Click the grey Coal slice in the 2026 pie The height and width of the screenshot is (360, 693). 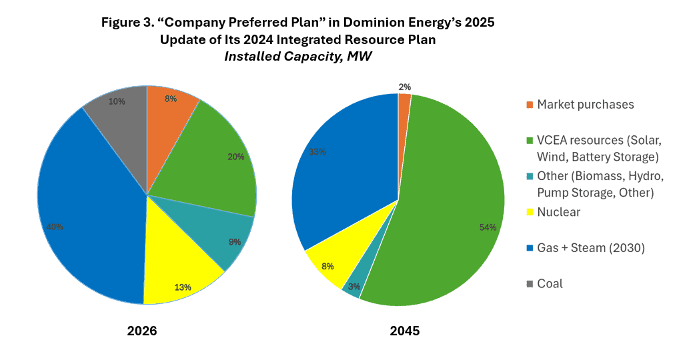(120, 117)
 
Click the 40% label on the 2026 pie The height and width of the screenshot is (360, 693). (55, 227)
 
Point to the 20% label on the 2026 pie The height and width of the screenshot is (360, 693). (236, 157)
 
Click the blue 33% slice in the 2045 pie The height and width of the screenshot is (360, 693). (347, 173)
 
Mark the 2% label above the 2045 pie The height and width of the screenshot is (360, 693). (405, 87)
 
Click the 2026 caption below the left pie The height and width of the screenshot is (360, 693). (142, 331)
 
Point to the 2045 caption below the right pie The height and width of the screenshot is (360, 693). (405, 331)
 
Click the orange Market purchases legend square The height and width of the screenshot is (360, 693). (530, 105)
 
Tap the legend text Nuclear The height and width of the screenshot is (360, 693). (558, 212)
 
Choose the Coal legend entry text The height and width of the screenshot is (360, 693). (550, 283)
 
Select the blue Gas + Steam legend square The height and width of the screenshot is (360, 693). (530, 248)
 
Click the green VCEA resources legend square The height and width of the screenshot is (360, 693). (530, 141)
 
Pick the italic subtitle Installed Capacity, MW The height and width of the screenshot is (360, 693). (297, 57)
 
